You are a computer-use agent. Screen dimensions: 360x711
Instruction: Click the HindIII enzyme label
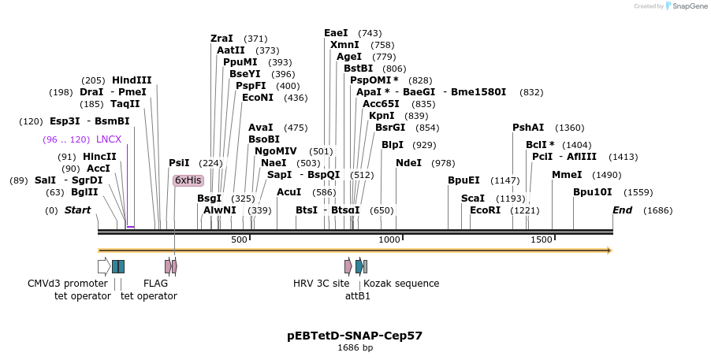tap(132, 80)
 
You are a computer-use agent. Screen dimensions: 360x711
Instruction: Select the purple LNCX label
tap(109, 139)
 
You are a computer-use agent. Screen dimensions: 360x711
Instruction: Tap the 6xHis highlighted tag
tap(188, 180)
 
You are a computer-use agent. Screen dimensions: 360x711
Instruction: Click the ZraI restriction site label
tap(221, 39)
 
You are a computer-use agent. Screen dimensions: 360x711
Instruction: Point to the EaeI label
tap(336, 33)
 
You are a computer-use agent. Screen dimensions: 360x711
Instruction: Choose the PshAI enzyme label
tap(528, 128)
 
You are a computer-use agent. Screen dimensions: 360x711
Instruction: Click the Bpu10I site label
tap(592, 192)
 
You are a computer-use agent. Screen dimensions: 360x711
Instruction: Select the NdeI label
tap(408, 163)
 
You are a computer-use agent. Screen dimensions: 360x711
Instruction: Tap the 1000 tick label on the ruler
tap(389, 239)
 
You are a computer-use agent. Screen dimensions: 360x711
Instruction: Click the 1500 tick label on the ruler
tap(541, 239)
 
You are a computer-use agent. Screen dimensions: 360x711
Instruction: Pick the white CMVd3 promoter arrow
tap(103, 266)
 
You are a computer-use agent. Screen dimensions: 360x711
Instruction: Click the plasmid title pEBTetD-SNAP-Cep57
tap(355, 335)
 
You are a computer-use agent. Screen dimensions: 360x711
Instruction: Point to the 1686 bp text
tap(355, 347)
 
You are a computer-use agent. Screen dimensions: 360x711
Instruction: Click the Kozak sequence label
tap(401, 284)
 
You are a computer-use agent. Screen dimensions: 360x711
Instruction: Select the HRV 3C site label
tap(321, 284)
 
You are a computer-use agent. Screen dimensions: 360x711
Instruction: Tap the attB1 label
tap(357, 296)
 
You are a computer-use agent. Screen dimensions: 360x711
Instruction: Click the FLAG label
tap(155, 284)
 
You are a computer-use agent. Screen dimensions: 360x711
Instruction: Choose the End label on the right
tap(623, 210)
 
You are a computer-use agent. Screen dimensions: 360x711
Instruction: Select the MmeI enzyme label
tap(567, 175)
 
